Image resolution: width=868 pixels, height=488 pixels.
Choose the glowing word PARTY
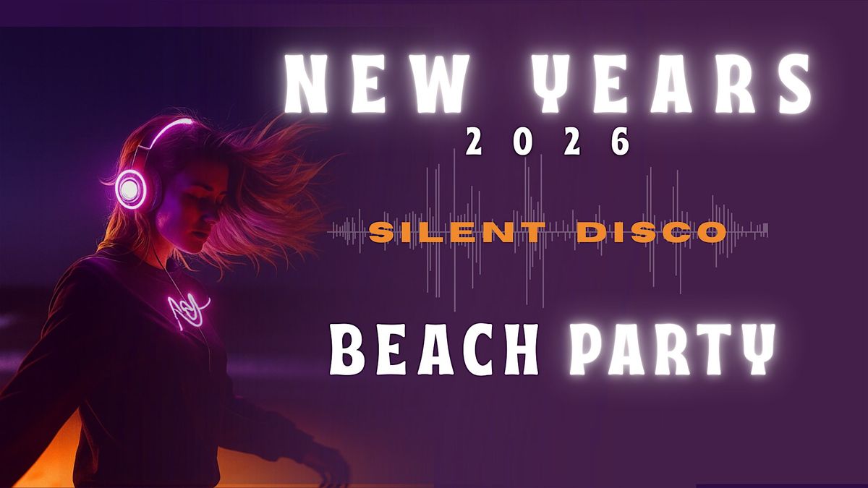pos(673,350)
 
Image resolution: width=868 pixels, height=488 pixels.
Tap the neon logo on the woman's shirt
pos(186,309)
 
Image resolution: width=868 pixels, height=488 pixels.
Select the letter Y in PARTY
pos(757,350)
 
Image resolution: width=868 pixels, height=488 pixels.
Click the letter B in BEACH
pos(349,350)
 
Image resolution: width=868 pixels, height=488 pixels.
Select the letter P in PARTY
pos(587,350)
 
